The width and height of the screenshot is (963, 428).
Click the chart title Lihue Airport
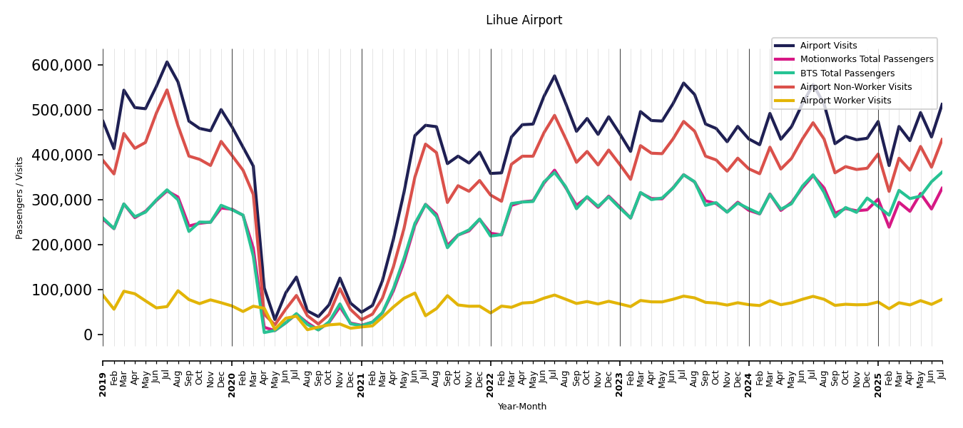(x=524, y=21)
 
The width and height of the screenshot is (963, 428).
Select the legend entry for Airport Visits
(x=828, y=46)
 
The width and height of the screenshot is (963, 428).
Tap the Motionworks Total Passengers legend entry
(x=866, y=59)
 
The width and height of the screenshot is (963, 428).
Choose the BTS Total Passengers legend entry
(x=847, y=73)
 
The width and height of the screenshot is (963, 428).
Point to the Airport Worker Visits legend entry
(x=845, y=101)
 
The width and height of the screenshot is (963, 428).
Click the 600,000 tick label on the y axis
(x=62, y=66)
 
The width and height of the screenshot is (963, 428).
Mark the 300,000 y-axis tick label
(x=62, y=200)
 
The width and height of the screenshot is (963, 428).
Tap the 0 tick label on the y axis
(x=88, y=335)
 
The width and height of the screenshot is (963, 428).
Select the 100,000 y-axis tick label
(x=62, y=290)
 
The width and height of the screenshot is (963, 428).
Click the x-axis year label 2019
(x=103, y=384)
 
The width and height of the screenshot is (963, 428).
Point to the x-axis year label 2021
(x=362, y=384)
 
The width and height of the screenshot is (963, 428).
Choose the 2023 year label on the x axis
(x=620, y=384)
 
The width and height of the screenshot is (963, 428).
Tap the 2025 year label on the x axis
(x=878, y=384)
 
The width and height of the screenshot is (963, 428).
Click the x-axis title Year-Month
(x=522, y=407)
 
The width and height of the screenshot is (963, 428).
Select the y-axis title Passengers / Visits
(x=20, y=198)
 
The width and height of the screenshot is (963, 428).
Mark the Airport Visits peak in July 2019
(x=167, y=62)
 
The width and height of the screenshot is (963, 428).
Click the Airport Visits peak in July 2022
(x=554, y=76)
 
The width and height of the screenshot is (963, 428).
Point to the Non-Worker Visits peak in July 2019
(x=167, y=90)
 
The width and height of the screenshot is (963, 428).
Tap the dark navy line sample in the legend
(x=785, y=46)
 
